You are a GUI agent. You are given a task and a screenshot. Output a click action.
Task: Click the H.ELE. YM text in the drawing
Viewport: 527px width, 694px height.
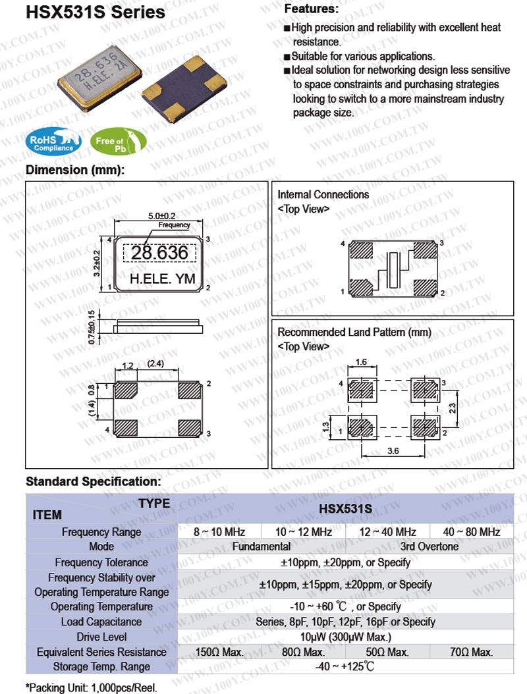[x=162, y=279]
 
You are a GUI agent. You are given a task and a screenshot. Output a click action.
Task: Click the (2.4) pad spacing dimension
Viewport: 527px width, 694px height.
[x=157, y=364]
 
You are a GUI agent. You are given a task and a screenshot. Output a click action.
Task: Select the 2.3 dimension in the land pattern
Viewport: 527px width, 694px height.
[x=453, y=408]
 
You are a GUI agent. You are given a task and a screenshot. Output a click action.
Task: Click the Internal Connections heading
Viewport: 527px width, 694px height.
[x=323, y=195]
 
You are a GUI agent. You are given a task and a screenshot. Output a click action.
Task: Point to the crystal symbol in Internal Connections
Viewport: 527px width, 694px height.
[x=393, y=270]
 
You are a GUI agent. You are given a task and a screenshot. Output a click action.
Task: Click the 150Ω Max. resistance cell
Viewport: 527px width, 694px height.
[x=220, y=652]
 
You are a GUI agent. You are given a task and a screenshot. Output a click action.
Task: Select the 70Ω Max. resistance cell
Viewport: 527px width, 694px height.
[x=472, y=652]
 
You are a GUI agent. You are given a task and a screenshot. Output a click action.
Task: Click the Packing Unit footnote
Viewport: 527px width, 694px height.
[x=92, y=687]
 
